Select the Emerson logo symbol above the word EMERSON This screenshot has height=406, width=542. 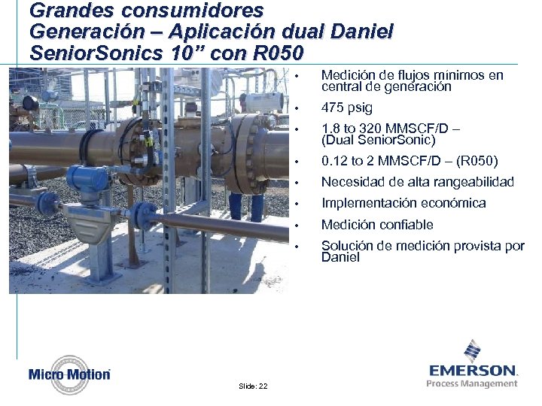tap(472, 351)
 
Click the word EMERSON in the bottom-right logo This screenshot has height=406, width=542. tap(473, 370)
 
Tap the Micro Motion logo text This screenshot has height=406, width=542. tap(69, 374)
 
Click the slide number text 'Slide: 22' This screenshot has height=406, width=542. tap(253, 386)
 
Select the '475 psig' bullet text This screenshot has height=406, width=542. tap(347, 108)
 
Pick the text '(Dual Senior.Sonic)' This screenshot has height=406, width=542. tap(379, 140)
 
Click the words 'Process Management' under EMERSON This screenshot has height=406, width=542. tap(472, 383)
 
